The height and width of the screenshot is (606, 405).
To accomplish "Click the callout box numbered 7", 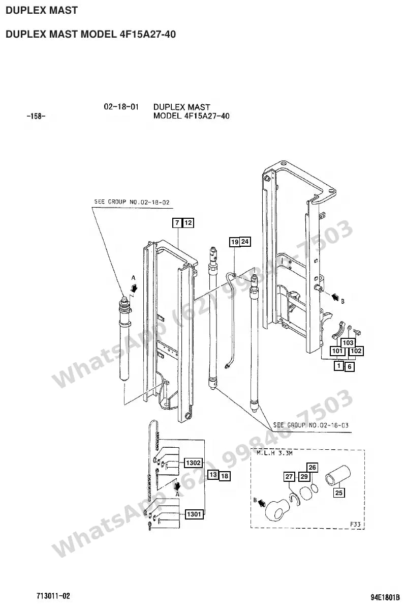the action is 177,223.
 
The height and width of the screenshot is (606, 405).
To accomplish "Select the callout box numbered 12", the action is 188,223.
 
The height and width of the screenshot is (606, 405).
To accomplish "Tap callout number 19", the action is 235,242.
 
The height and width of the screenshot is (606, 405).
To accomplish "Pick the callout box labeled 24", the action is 245,242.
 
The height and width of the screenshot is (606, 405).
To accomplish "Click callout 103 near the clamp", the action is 348,343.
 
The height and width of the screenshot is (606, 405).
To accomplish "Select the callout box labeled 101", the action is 337,351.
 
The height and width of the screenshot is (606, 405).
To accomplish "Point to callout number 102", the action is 356,351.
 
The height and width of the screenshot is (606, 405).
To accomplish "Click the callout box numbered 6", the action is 350,366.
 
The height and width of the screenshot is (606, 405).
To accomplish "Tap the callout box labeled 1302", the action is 194,463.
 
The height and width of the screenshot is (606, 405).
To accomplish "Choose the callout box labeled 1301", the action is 194,514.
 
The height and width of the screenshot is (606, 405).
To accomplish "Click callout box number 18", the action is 225,476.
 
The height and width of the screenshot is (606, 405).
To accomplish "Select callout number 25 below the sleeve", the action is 338,493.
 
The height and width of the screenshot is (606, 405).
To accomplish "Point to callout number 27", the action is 289,477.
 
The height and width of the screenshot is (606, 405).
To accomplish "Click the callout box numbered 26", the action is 313,468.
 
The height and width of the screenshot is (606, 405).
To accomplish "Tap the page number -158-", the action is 36,116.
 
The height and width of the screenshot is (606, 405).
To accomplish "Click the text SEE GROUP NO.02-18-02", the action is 132,201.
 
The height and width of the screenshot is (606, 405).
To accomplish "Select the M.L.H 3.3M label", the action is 274,453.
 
